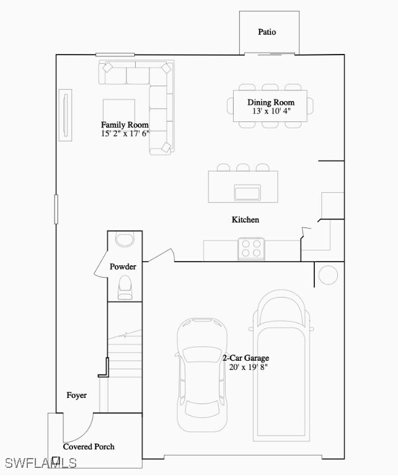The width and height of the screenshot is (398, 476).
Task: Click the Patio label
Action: [267, 32]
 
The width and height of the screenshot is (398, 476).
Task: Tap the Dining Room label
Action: [271, 102]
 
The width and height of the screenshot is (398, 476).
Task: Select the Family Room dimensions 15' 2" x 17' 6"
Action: [125, 133]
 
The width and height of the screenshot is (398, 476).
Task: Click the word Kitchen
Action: [245, 219]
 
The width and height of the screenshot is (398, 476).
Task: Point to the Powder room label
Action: [123, 267]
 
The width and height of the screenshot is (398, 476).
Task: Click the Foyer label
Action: [77, 395]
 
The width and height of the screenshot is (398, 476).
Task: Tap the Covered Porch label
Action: [89, 446]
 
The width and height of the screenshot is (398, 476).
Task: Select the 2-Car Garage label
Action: [245, 358]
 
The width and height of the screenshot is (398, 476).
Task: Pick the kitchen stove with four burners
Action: [251, 249]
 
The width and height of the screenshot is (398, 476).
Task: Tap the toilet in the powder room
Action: [125, 286]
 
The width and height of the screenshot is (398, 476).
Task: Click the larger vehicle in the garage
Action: [281, 366]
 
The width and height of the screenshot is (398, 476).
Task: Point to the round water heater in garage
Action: [328, 274]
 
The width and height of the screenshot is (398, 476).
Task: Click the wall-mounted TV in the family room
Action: [64, 116]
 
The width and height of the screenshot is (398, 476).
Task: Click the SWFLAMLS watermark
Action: [40, 463]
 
